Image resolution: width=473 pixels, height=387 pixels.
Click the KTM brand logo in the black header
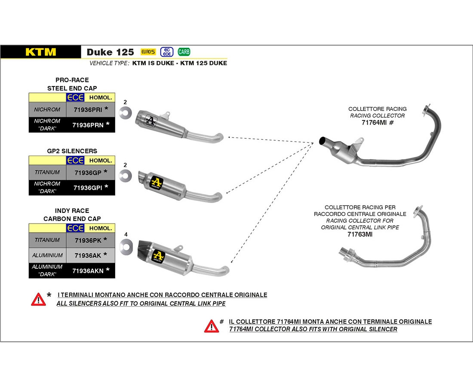(40, 52)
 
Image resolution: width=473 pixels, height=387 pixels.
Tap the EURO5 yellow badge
(147, 52)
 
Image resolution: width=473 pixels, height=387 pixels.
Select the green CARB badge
(184, 52)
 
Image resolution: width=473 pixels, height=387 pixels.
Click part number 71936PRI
(87, 110)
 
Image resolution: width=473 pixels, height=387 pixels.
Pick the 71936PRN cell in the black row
(87, 125)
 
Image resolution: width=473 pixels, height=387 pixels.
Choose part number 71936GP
(87, 172)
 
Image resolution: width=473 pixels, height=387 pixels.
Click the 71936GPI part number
(87, 187)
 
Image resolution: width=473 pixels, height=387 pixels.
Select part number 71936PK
(87, 240)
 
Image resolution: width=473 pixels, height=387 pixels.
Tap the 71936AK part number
(87, 255)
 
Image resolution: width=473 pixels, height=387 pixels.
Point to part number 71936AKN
(87, 270)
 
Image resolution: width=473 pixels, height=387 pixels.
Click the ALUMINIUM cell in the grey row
(47, 255)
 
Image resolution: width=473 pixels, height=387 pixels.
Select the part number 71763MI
(360, 235)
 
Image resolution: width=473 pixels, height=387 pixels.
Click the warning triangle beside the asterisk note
(38, 299)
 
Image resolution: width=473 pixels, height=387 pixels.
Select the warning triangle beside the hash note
(211, 326)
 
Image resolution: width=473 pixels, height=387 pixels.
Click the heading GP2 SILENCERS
(72, 151)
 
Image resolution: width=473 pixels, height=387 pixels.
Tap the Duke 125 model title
(110, 52)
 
